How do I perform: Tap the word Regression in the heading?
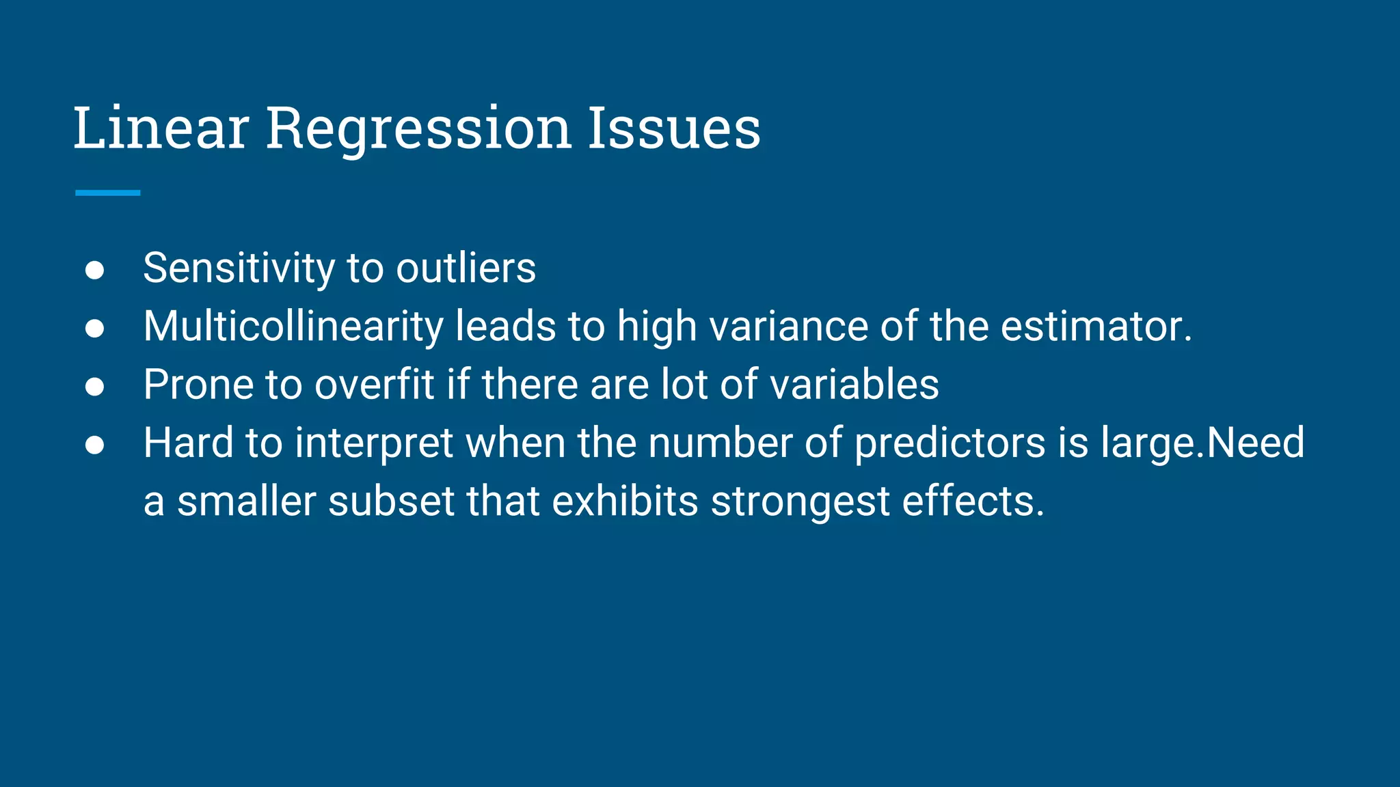[418, 130]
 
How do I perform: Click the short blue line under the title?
[107, 193]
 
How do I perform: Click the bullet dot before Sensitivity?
[94, 270]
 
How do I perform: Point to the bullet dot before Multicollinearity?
[94, 328]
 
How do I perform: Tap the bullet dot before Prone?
[94, 387]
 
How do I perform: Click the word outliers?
[466, 268]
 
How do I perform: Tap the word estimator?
[1096, 327]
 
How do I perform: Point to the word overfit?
[374, 385]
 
